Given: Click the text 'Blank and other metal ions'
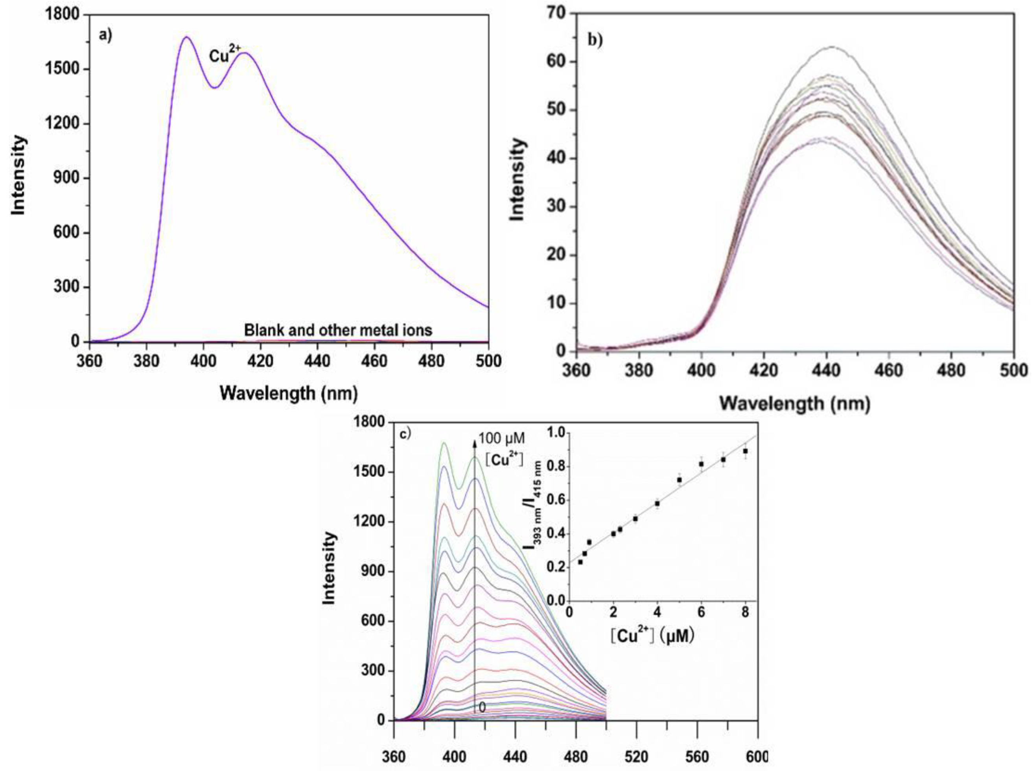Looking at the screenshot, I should [x=338, y=330].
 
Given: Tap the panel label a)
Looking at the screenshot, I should [x=105, y=35].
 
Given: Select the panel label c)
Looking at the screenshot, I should [x=406, y=434].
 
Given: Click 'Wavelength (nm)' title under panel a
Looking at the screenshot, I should [x=289, y=394].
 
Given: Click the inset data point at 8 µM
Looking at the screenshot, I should [x=746, y=451].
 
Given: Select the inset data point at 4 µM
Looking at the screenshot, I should [x=657, y=504].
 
